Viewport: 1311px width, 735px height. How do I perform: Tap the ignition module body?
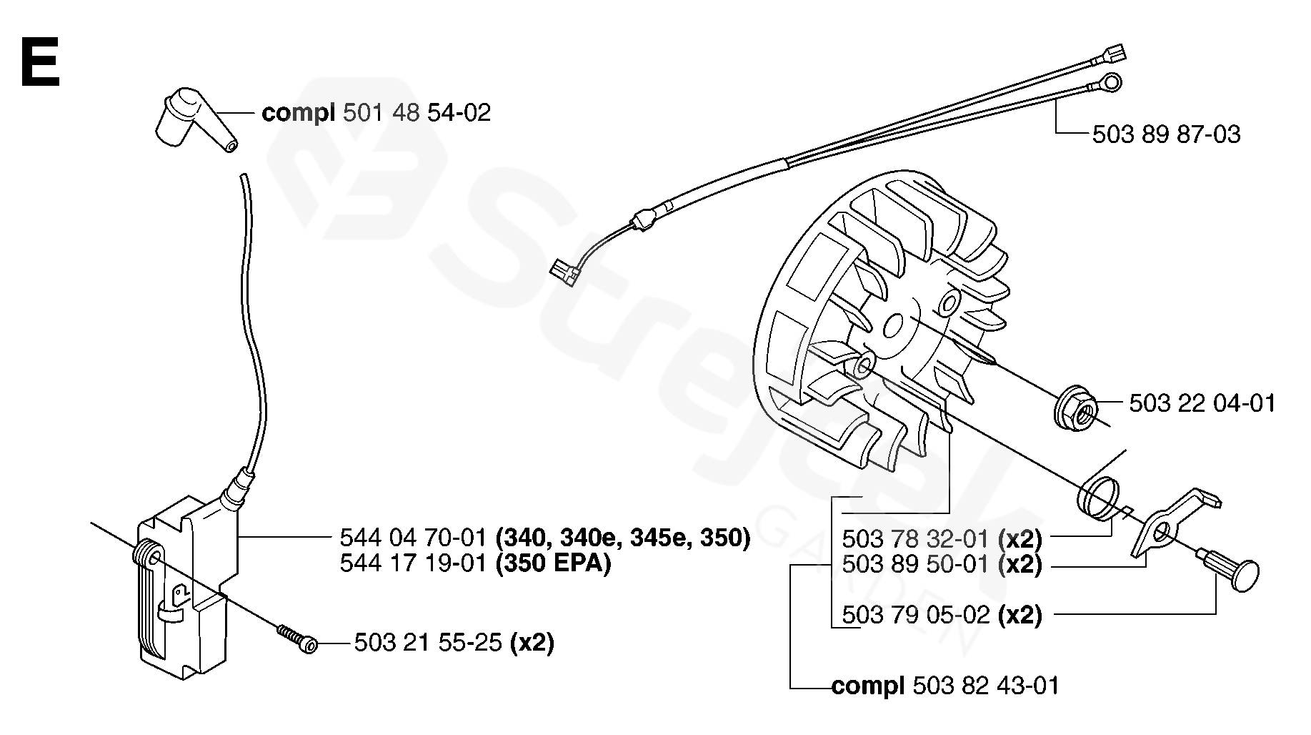coord(182,586)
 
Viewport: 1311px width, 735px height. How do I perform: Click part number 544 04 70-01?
coord(414,537)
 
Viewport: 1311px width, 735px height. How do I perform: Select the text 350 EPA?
coord(554,563)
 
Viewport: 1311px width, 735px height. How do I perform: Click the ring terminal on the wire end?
coord(1105,84)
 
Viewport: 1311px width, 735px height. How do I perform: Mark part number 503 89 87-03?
coord(1166,134)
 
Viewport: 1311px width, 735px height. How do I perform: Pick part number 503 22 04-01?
coord(1202,404)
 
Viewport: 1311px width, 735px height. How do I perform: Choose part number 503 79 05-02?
coord(917,615)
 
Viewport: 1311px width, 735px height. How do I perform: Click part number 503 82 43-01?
coord(985,686)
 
